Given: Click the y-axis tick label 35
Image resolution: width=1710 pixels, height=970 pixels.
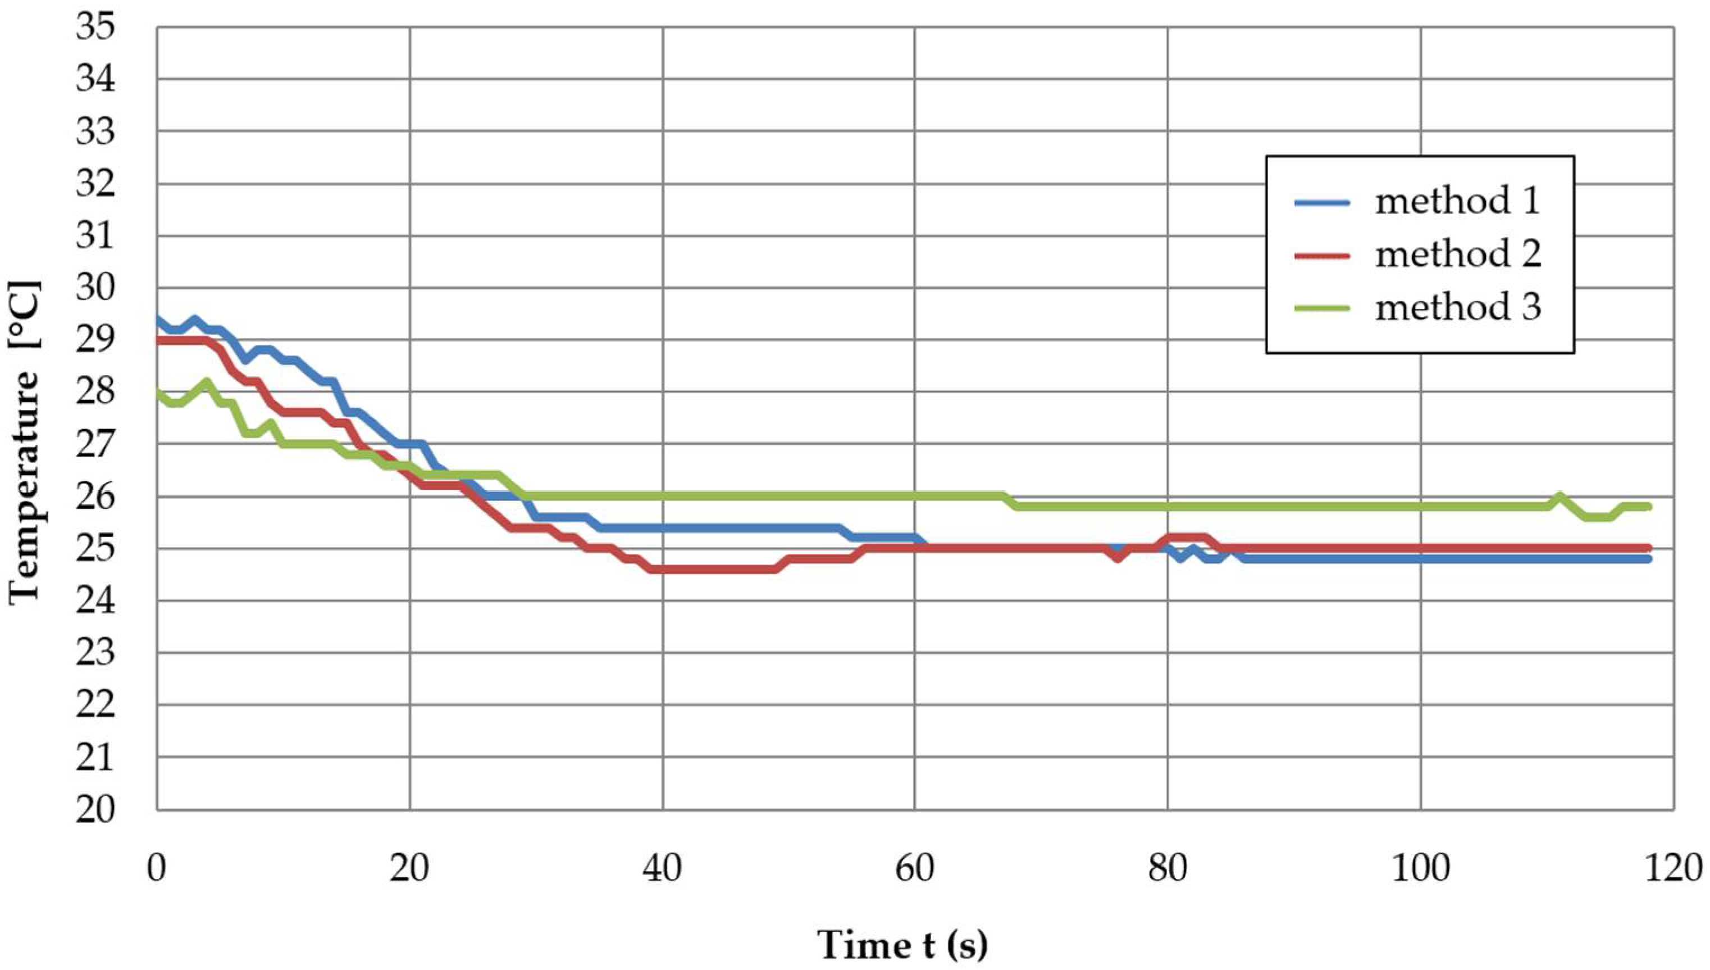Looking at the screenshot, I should click(95, 28).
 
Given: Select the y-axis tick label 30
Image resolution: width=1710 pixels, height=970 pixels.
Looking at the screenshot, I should click(95, 289).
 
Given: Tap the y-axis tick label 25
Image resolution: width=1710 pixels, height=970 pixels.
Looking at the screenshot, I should click(95, 549).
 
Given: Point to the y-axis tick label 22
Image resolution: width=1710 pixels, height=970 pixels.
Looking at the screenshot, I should click(95, 705).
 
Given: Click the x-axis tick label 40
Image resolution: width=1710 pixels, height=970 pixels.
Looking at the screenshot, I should click(663, 869).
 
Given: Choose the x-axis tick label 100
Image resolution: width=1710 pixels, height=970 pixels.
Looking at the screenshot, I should click(1420, 869).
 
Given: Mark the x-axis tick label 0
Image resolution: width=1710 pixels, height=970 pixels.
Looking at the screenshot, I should click(157, 869).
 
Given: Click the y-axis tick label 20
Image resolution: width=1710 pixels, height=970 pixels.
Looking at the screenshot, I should click(95, 809).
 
